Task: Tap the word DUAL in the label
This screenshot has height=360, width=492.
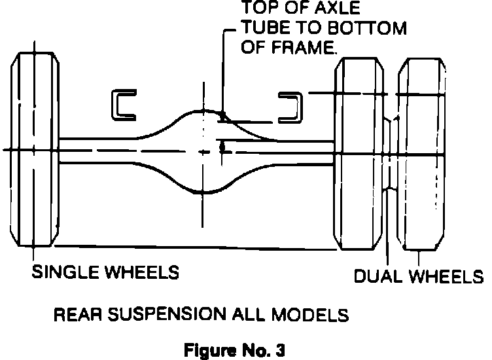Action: [379, 276]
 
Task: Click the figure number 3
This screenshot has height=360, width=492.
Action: [280, 348]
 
